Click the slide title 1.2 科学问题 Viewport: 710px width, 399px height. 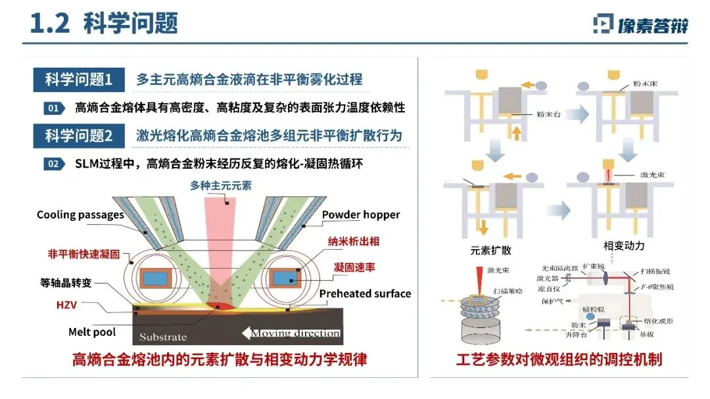click(x=105, y=24)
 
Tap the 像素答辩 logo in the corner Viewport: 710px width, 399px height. click(x=640, y=25)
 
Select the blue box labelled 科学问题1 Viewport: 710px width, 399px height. click(x=79, y=80)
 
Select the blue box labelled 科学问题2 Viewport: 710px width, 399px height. click(x=79, y=136)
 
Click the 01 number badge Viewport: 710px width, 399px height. click(x=54, y=108)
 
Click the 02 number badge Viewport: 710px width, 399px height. click(x=54, y=164)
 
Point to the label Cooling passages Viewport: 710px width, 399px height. click(x=80, y=215)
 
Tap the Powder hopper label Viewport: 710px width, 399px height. click(x=361, y=215)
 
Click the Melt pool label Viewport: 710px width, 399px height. click(x=92, y=332)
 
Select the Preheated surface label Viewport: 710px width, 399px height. click(x=365, y=294)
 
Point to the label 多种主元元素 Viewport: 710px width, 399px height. click(x=221, y=186)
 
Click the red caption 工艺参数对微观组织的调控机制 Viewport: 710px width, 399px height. click(x=559, y=360)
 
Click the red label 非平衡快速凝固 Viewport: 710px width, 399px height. click(x=83, y=254)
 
